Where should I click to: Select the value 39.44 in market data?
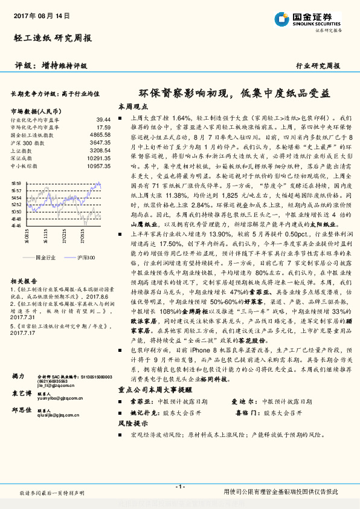click(x=103, y=120)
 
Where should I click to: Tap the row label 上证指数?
click(x=24, y=150)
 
